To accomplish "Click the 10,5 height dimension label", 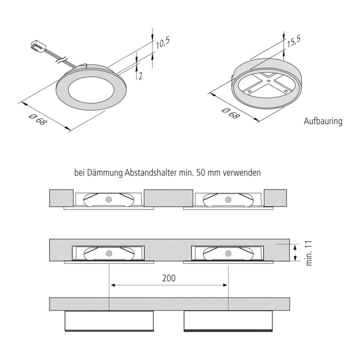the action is pyautogui.click(x=162, y=43).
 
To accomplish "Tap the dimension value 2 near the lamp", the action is pyautogui.click(x=140, y=75).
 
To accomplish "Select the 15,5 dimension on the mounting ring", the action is pyautogui.click(x=293, y=41).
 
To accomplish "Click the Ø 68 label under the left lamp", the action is pyautogui.click(x=37, y=119).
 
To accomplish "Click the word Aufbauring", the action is pyautogui.click(x=323, y=121).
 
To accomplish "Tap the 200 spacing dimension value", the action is pyautogui.click(x=169, y=278).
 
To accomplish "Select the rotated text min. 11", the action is pyautogui.click(x=309, y=253).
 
